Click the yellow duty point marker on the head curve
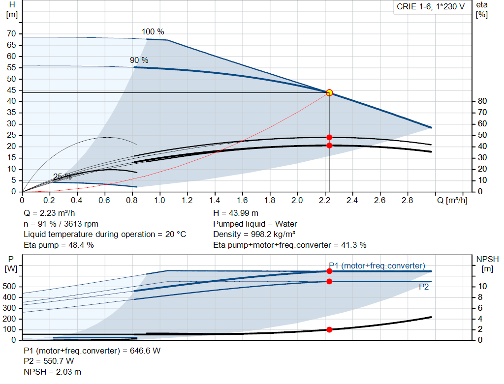329,92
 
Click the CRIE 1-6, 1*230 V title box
431,7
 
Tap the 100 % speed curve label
153,32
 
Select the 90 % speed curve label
139,60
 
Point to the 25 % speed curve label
62,177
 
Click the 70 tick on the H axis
11,34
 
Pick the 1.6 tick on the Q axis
242,201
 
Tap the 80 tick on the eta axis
482,101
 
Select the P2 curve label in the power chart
423,287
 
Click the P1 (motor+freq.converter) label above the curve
377,266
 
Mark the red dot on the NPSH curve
329,329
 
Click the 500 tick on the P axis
10,286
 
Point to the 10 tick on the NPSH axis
483,286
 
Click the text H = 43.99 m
236,213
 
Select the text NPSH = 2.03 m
53,372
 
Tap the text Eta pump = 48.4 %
59,245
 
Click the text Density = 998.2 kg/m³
254,234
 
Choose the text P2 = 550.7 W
49,361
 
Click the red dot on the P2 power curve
329,281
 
